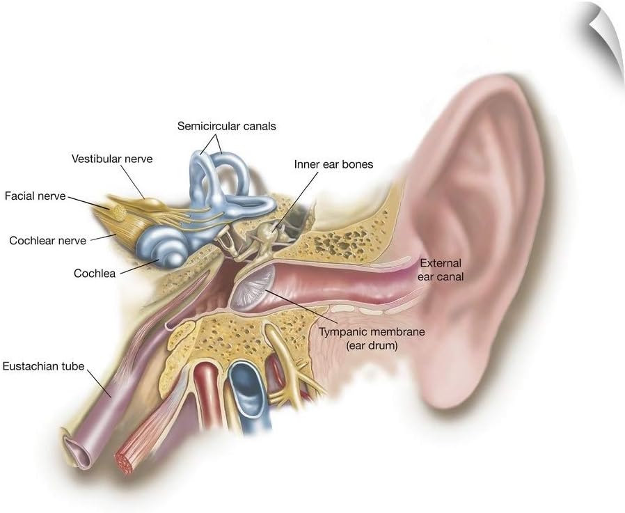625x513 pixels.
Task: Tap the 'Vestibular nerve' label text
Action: click(x=112, y=159)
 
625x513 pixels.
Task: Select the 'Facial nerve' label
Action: click(x=35, y=196)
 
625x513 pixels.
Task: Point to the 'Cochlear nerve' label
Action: click(x=48, y=241)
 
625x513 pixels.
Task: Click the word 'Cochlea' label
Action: click(x=95, y=274)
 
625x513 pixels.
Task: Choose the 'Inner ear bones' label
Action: click(x=333, y=165)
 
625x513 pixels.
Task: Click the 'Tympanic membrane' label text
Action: click(x=372, y=332)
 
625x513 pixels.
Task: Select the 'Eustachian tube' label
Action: click(x=43, y=365)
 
